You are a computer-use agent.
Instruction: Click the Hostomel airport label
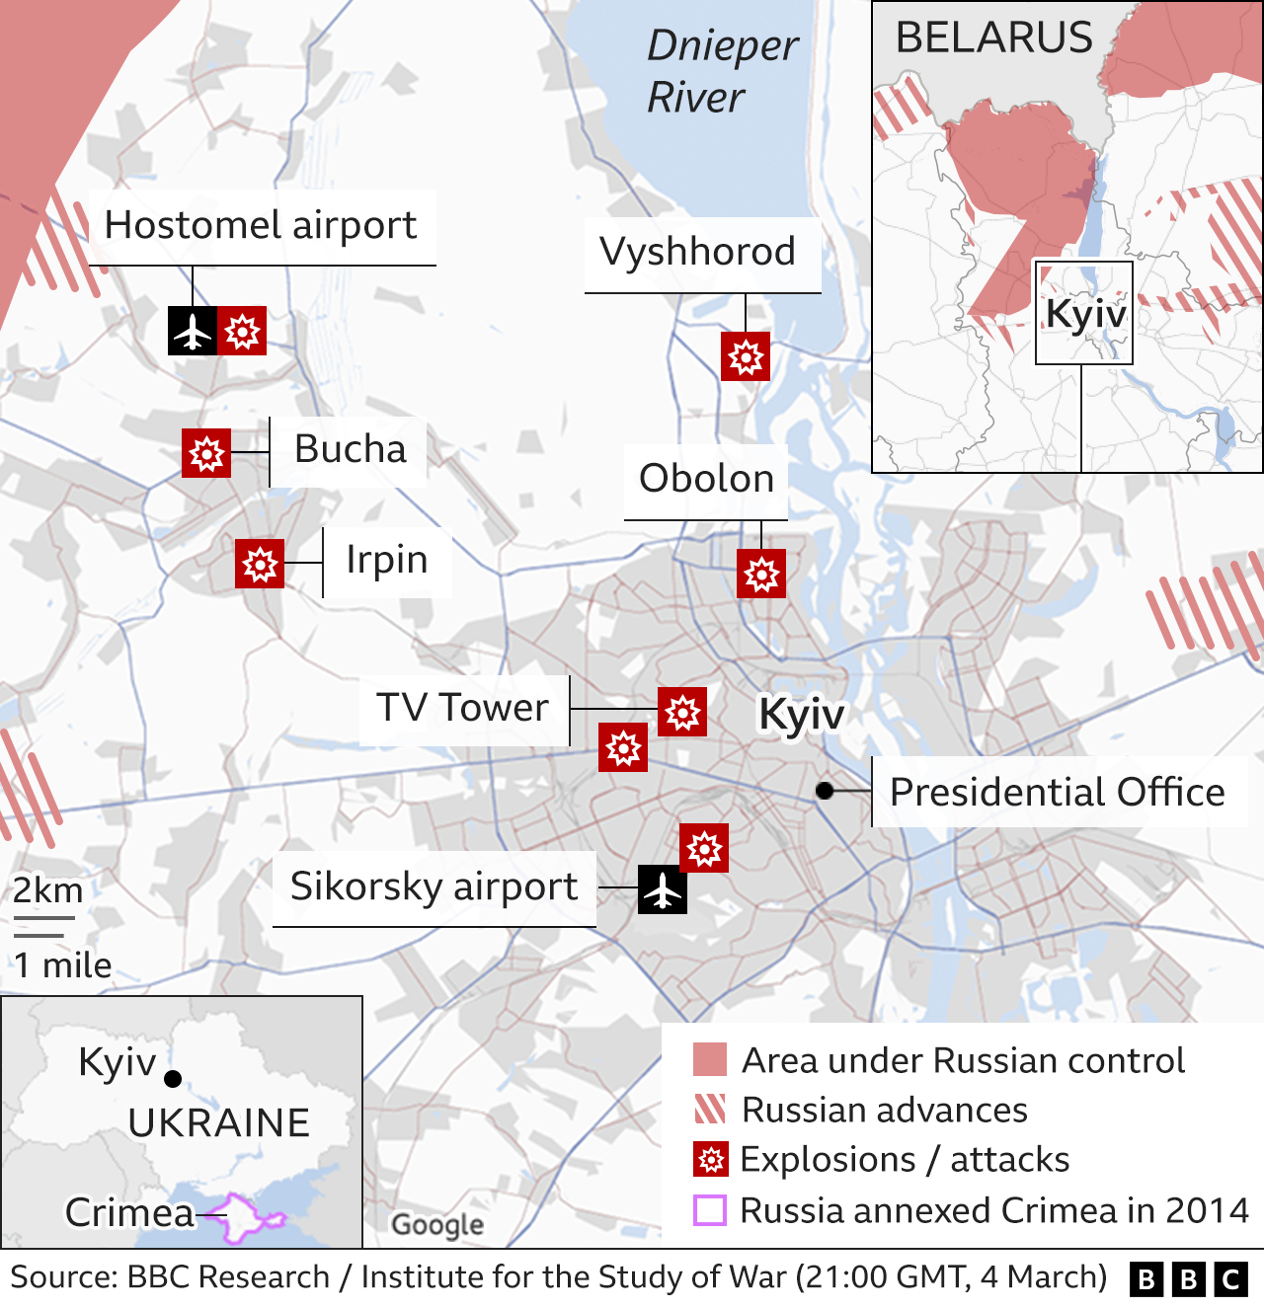click(x=261, y=226)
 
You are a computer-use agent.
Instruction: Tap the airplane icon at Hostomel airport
click(x=193, y=331)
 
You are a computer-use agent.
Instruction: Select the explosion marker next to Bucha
click(x=206, y=454)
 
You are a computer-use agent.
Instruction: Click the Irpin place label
click(x=386, y=560)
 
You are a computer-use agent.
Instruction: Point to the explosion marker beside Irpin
click(x=260, y=564)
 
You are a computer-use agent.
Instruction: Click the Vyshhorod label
click(x=697, y=252)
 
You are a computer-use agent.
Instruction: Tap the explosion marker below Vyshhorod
click(x=746, y=356)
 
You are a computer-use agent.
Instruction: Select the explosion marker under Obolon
click(x=761, y=574)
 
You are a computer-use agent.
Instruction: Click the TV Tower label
click(x=462, y=708)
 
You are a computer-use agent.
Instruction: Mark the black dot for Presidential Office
click(x=825, y=791)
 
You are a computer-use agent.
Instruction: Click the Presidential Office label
click(x=1057, y=792)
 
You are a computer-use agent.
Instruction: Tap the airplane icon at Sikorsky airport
click(x=663, y=889)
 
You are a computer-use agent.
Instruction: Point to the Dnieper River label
click(x=721, y=71)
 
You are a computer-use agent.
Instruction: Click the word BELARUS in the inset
click(x=993, y=38)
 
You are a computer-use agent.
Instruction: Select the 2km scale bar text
click(x=47, y=890)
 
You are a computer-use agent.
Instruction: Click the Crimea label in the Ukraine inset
click(x=129, y=1212)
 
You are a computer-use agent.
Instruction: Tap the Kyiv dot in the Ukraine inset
click(x=173, y=1079)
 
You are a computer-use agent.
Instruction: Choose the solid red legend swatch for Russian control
click(x=710, y=1059)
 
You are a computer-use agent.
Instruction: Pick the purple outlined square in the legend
click(x=710, y=1210)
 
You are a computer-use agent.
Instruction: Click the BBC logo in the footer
click(x=1188, y=1279)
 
